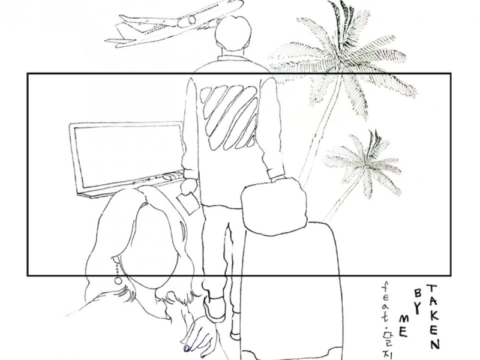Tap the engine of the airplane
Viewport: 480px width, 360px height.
coord(187,21)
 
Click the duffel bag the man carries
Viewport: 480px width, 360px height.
coord(274,206)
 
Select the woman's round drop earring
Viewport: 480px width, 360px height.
coord(118,280)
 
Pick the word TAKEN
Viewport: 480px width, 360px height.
coord(433,317)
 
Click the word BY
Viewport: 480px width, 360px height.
coord(418,301)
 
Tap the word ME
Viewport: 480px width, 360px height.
coord(404,326)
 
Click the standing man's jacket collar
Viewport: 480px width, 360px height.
coord(232,58)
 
